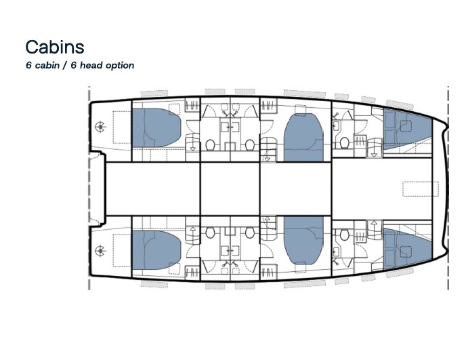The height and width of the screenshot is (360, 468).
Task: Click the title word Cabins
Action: [55, 46]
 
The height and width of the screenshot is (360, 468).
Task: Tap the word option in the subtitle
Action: [117, 66]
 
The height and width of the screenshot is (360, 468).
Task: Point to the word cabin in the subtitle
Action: [47, 66]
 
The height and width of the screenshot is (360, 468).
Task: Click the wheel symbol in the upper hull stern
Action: [101, 126]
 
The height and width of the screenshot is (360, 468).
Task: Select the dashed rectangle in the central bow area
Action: [421, 188]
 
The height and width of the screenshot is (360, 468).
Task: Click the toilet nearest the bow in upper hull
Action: [344, 143]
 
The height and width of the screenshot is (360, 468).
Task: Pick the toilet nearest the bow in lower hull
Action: [344, 235]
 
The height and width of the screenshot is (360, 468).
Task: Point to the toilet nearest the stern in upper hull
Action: [211, 144]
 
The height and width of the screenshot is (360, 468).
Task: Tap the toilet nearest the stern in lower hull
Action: [211, 233]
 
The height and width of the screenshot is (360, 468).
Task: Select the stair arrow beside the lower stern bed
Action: [193, 231]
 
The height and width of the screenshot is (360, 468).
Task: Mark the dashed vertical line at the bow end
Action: [448, 188]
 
